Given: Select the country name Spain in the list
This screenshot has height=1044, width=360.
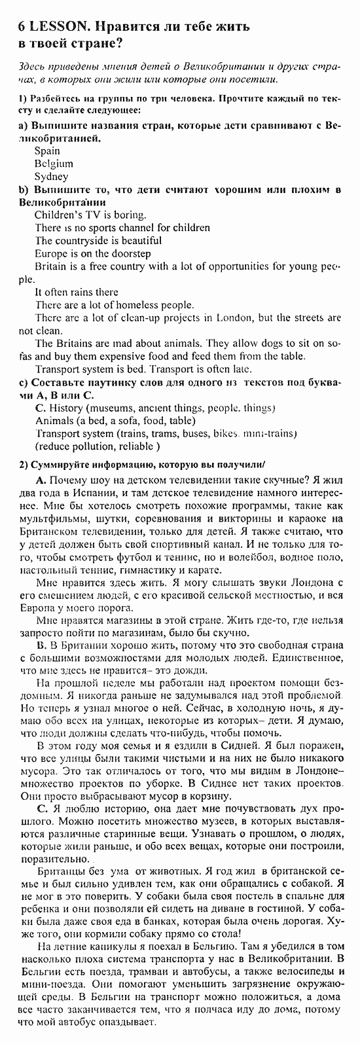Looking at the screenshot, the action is pos(47,151).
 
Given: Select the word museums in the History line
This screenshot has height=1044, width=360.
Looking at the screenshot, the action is pos(104,408).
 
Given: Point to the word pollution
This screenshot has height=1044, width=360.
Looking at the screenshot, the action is pos(92,446).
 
